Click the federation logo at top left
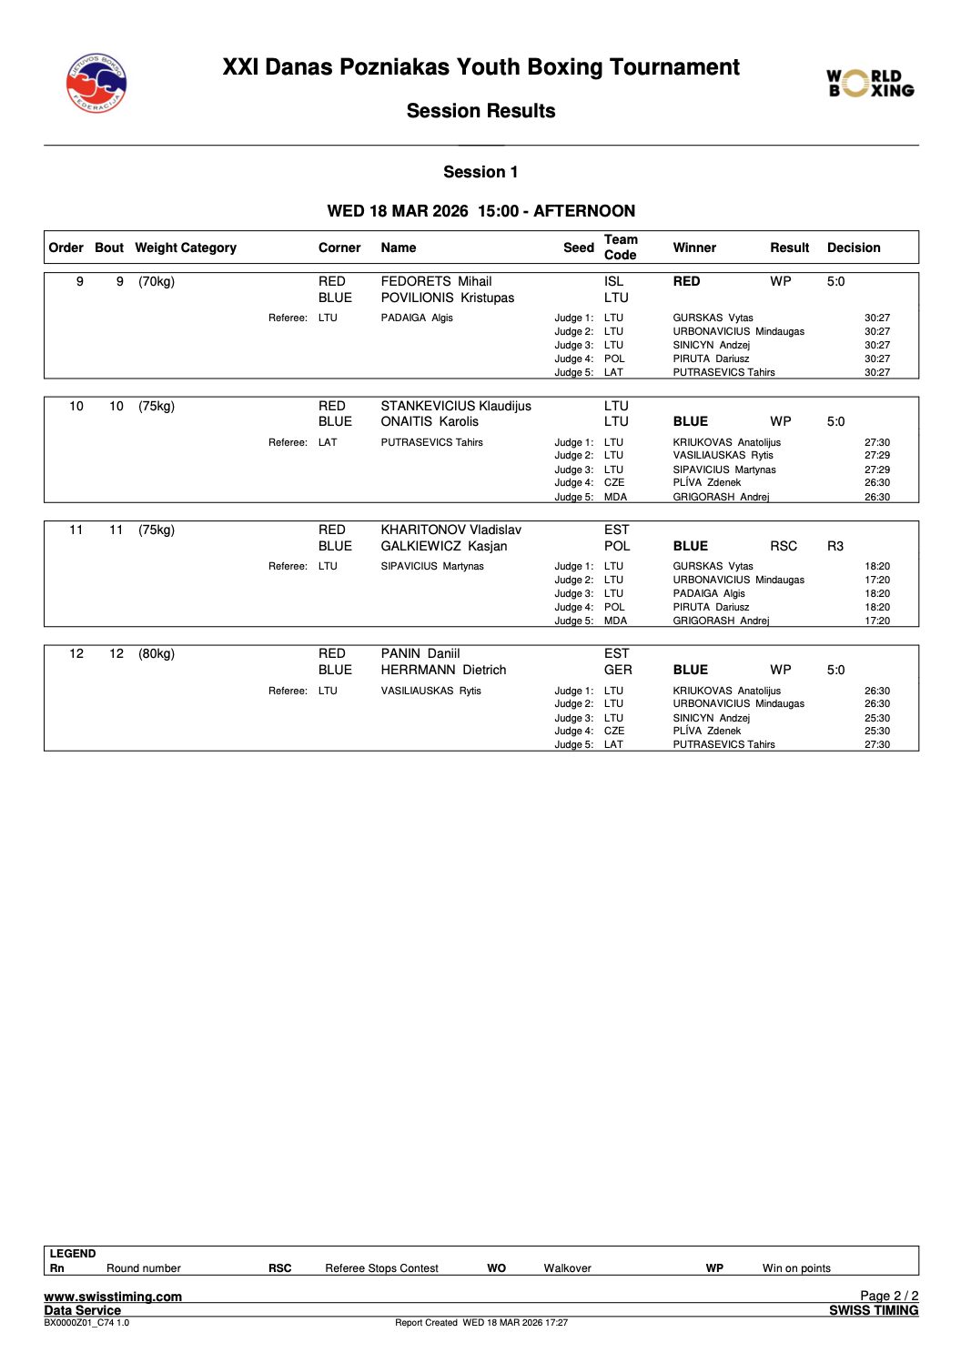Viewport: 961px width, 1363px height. pyautogui.click(x=96, y=83)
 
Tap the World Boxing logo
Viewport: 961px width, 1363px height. pyautogui.click(x=870, y=83)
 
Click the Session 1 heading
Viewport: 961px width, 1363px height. pyautogui.click(x=480, y=172)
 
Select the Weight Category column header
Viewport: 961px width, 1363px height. pyautogui.click(x=186, y=247)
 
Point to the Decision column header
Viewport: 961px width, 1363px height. pyautogui.click(x=853, y=247)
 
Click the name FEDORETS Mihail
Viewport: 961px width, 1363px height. pyautogui.click(x=436, y=281)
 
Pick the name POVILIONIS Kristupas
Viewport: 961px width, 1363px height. pyautogui.click(x=447, y=298)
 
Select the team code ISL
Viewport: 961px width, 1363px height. pyautogui.click(x=613, y=281)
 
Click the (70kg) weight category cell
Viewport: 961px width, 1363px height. pyautogui.click(x=157, y=281)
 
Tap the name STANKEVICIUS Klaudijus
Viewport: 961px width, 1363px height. pyautogui.click(x=455, y=406)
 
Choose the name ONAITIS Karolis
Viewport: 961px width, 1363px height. pyautogui.click(x=430, y=421)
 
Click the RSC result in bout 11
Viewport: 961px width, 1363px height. pyautogui.click(x=783, y=546)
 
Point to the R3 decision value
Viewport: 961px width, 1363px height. pyautogui.click(x=835, y=546)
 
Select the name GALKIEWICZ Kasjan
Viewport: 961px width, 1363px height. pyautogui.click(x=443, y=546)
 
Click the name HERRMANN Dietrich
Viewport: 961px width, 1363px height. pyautogui.click(x=443, y=670)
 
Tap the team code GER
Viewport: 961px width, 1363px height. pyautogui.click(x=617, y=670)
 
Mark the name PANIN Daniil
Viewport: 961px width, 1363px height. pyautogui.click(x=420, y=653)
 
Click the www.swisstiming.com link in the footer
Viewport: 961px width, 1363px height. pyautogui.click(x=113, y=1297)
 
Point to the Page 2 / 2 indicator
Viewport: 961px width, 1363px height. pyautogui.click(x=888, y=1296)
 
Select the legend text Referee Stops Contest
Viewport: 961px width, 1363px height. pyautogui.click(x=381, y=1268)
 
